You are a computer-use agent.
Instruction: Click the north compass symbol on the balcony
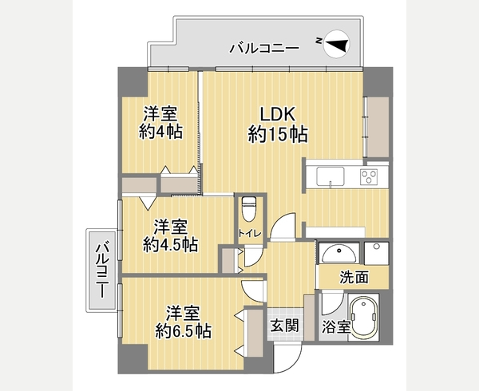(336, 44)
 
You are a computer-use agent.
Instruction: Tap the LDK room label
(277, 114)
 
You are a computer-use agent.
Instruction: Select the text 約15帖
(277, 134)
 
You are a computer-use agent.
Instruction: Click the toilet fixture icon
(248, 209)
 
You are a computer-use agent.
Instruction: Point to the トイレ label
(250, 234)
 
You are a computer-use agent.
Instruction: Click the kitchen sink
(331, 176)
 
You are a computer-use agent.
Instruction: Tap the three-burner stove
(369, 177)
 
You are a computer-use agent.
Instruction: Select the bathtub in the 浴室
(365, 318)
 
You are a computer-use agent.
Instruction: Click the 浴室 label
(336, 327)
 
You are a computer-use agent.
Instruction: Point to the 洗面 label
(354, 277)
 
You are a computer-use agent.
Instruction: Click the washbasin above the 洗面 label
(339, 254)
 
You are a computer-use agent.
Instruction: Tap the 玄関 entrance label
(284, 326)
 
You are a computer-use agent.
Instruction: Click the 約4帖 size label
(160, 132)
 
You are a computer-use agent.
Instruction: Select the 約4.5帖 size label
(171, 244)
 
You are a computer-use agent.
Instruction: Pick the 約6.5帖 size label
(183, 330)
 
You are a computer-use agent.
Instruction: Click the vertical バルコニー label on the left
(102, 271)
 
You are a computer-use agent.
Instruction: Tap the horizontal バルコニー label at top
(264, 48)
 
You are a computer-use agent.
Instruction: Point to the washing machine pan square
(377, 253)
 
